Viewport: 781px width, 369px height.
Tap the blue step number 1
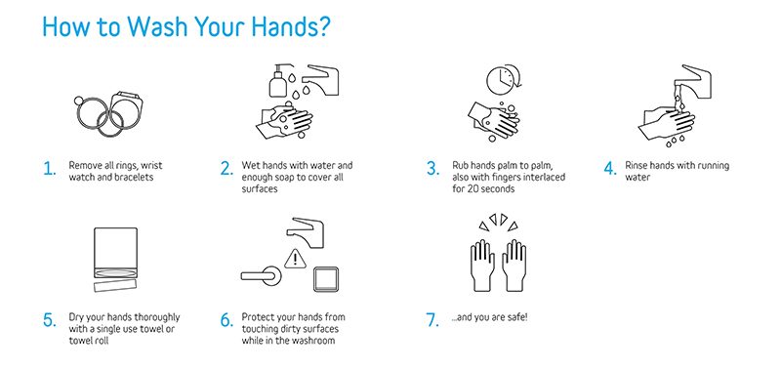click(49, 169)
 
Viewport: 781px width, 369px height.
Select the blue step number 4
click(610, 169)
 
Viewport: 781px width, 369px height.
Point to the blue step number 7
click(432, 320)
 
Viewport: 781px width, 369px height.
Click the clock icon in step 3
click(501, 80)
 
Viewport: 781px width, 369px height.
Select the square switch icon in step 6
click(326, 279)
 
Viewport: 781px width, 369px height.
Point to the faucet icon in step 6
click(307, 231)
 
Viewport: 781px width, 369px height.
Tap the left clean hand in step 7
click(482, 266)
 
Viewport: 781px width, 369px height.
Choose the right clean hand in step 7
click(514, 266)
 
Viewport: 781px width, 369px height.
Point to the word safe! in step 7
click(516, 317)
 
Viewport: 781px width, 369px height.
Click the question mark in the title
click(322, 26)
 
